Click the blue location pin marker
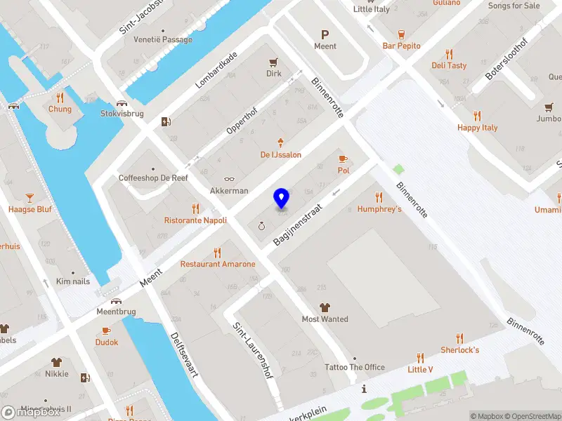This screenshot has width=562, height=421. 282,198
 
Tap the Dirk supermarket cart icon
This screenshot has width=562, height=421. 273,62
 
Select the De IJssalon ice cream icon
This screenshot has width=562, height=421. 281,142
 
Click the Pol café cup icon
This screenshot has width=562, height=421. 344,159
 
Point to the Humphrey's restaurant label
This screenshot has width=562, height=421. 379,209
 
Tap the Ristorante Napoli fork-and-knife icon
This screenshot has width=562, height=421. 195,208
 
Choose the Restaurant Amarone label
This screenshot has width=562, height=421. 218,264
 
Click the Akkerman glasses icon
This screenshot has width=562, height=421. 229,179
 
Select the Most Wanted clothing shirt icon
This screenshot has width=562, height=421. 325,307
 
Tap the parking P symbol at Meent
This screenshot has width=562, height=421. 325,34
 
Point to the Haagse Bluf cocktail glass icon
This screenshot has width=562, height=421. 30,198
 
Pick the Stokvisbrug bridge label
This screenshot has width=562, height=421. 122,113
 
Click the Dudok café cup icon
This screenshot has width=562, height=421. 107,330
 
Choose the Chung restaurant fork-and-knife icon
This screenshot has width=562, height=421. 60,98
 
